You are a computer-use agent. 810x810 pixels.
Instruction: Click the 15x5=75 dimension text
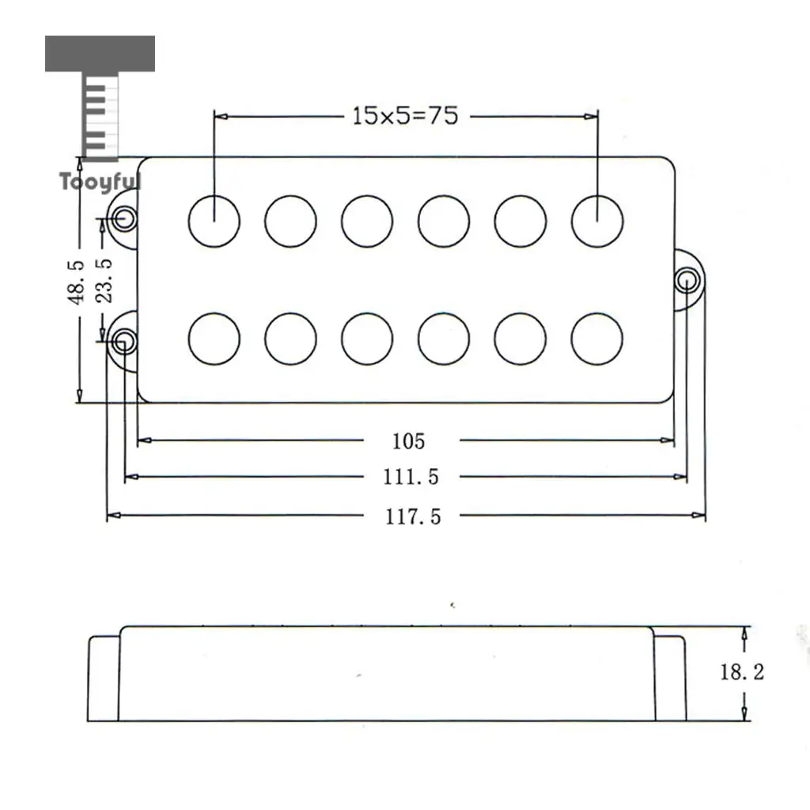405,115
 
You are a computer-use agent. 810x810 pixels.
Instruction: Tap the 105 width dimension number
409,441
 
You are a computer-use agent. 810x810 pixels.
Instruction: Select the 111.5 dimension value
411,477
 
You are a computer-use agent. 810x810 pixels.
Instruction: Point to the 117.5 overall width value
413,517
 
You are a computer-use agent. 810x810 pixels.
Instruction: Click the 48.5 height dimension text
76,282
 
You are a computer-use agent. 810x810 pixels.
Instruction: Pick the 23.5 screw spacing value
104,281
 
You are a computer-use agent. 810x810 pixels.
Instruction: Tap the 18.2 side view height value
742,672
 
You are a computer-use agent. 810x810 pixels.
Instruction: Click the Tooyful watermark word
100,182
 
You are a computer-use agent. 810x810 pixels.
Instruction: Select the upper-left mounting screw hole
124,218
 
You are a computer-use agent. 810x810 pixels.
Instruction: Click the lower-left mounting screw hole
124,342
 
